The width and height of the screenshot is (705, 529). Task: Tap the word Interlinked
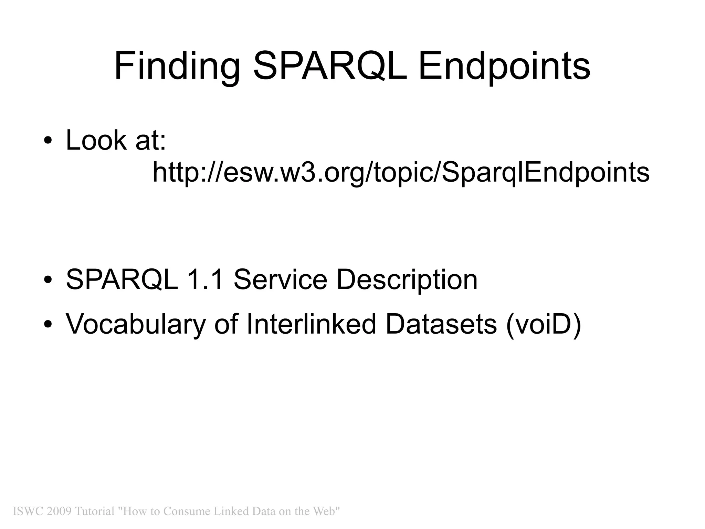(x=311, y=324)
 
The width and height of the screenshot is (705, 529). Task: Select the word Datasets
(x=441, y=324)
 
